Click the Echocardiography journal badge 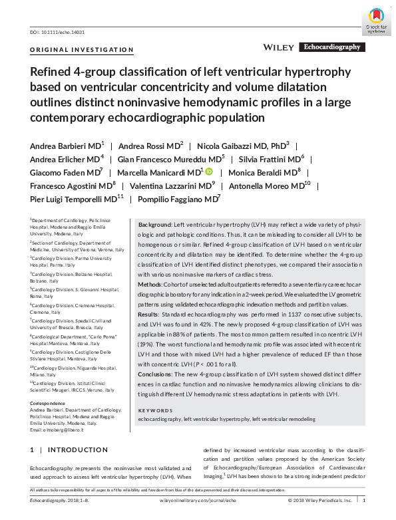[332, 47]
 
